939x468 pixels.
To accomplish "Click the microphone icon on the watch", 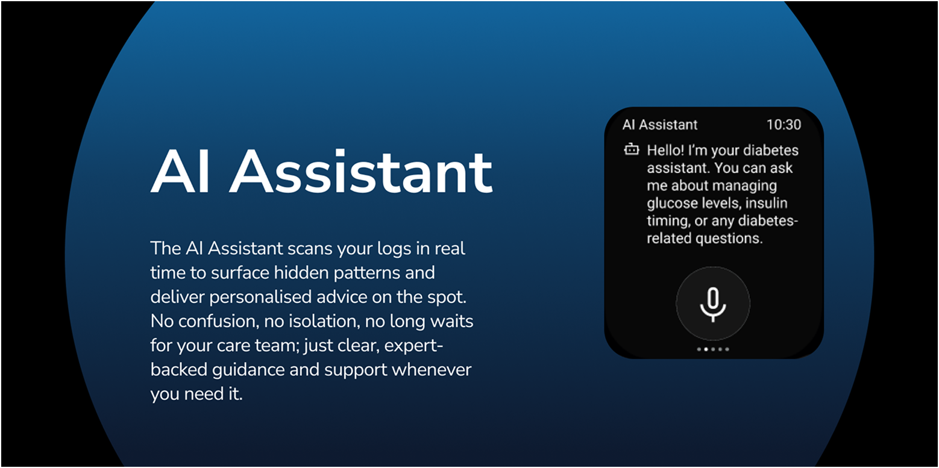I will tap(713, 304).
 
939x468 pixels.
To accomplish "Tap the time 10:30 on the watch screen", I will tap(784, 125).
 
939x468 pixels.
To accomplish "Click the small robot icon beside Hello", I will tap(631, 149).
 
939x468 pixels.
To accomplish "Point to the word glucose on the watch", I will tap(671, 203).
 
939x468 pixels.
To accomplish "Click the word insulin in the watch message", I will tap(766, 203).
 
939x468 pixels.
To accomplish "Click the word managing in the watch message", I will tap(747, 186).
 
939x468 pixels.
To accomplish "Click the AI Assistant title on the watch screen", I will tap(660, 125).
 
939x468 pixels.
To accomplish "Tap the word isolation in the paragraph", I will tap(312, 321).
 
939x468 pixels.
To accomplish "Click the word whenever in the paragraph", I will tap(431, 369).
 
